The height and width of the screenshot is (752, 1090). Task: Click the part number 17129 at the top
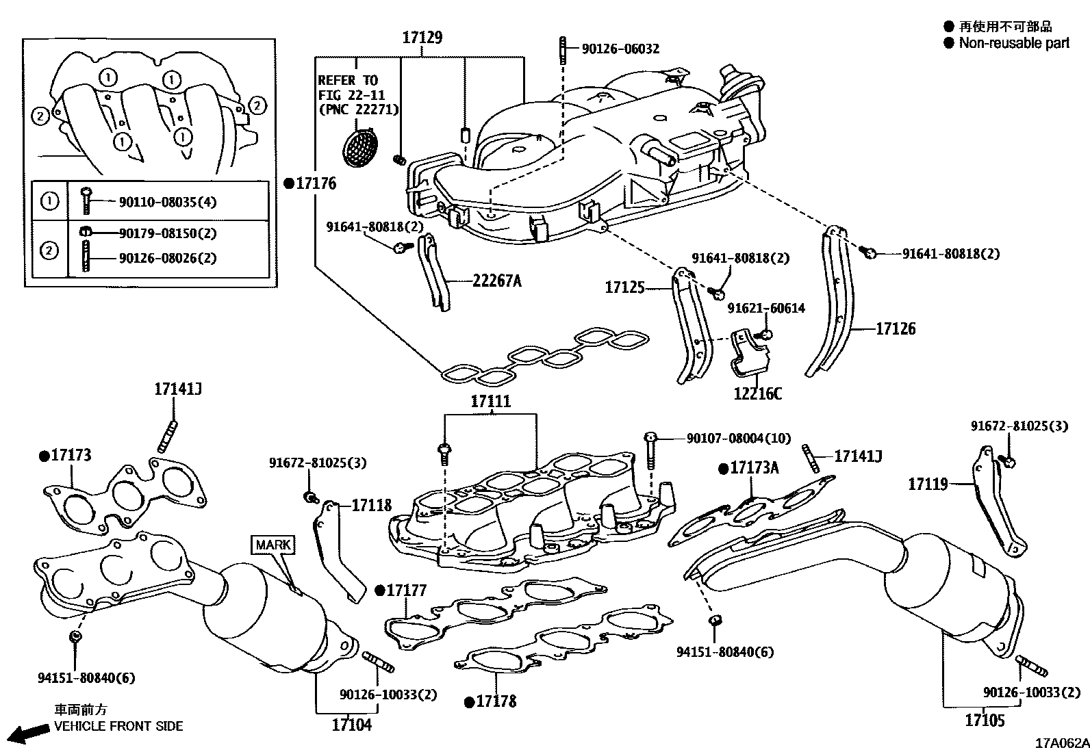pyautogui.click(x=422, y=38)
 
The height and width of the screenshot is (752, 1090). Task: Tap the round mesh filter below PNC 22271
pyautogui.click(x=362, y=146)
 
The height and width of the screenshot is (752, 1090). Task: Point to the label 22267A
pyautogui.click(x=496, y=281)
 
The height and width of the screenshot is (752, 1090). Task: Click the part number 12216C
pyautogui.click(x=757, y=393)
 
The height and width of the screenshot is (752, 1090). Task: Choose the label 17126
pyautogui.click(x=896, y=329)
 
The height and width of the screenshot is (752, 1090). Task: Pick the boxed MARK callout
pyautogui.click(x=274, y=545)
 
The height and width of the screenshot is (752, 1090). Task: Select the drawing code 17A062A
pyautogui.click(x=1061, y=743)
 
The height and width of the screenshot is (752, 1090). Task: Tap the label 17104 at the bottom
pyautogui.click(x=351, y=725)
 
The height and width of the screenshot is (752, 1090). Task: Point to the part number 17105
pyautogui.click(x=985, y=720)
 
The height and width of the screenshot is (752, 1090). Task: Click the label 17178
pyautogui.click(x=496, y=701)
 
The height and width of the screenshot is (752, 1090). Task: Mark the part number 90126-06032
pyautogui.click(x=620, y=49)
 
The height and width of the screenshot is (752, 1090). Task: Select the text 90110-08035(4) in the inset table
pyautogui.click(x=168, y=202)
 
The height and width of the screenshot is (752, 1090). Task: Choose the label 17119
pyautogui.click(x=928, y=484)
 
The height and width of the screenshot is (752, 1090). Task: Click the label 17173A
pyautogui.click(x=754, y=468)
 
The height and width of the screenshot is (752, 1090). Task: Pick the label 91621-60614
pyautogui.click(x=766, y=309)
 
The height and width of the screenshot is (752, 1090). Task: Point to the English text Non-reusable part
pyautogui.click(x=1014, y=43)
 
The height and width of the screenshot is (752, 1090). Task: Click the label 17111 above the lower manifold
pyautogui.click(x=490, y=401)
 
